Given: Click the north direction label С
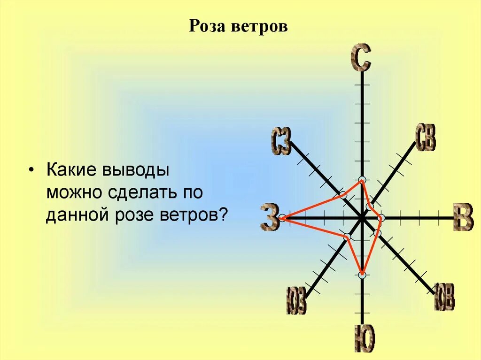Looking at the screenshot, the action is click(361, 58).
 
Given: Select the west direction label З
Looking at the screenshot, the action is click(270, 217).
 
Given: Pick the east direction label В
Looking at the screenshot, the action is click(463, 217).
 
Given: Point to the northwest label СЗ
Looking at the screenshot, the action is click(281, 142).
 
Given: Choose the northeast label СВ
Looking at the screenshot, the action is click(426, 138).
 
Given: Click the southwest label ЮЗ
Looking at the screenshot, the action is click(296, 300).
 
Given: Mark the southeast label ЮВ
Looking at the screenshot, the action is click(444, 297).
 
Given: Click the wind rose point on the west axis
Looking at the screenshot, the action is click(282, 218).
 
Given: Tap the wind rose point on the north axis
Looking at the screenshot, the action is click(362, 180).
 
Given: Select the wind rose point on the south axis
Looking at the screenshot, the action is click(362, 275).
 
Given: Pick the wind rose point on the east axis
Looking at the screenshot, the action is click(381, 218).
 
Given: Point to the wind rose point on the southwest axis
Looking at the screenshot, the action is click(347, 237).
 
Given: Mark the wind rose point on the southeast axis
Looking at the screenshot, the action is click(379, 233).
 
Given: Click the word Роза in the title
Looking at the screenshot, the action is click(208, 26).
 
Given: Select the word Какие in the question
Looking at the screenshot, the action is click(71, 170).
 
